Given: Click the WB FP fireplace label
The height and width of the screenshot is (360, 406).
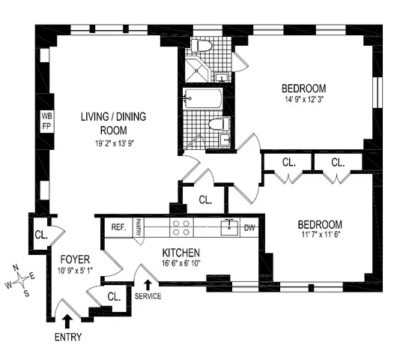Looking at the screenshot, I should pyautogui.click(x=46, y=121).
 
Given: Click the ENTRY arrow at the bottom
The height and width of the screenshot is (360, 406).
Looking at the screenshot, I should pyautogui.click(x=67, y=321).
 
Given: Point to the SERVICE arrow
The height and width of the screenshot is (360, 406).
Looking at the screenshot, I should pyautogui.click(x=148, y=284).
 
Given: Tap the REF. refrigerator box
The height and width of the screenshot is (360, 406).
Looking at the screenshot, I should pyautogui.click(x=118, y=226).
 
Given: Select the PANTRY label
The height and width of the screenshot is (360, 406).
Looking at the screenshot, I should pyautogui.click(x=139, y=226).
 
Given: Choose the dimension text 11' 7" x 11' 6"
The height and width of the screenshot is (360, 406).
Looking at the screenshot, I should pyautogui.click(x=320, y=236).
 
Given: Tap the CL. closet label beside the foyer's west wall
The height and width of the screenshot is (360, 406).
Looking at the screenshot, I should pyautogui.click(x=40, y=235).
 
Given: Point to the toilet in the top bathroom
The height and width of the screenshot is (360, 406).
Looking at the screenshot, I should pyautogui.click(x=202, y=46).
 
